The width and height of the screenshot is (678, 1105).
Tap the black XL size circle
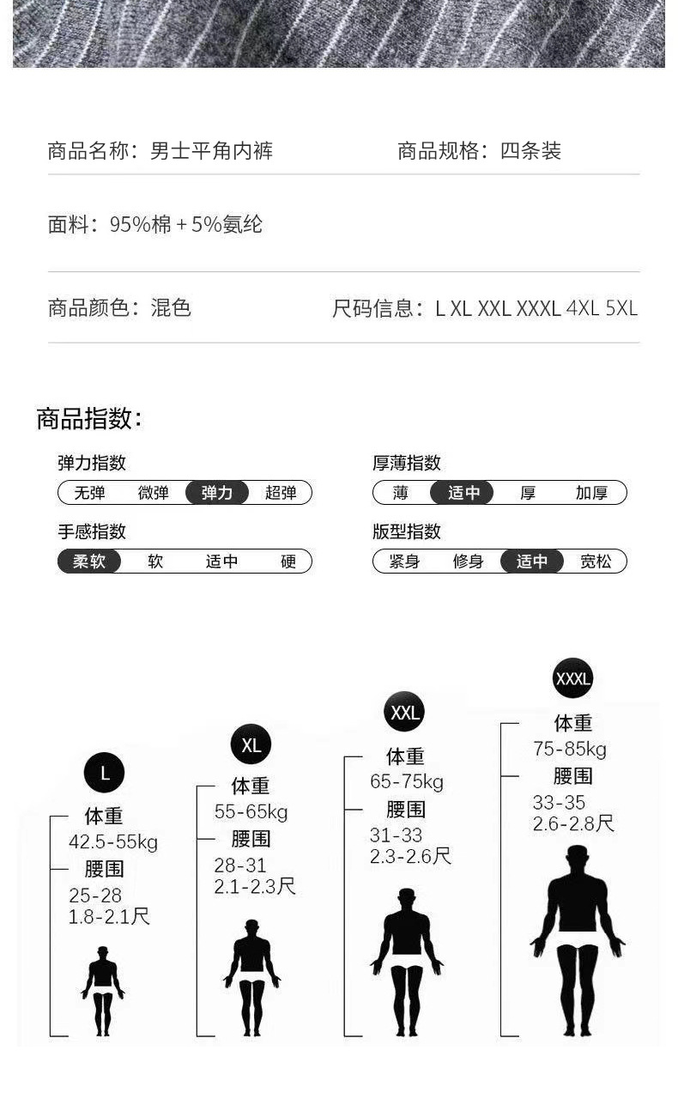[251, 744]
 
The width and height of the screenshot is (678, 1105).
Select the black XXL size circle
[403, 712]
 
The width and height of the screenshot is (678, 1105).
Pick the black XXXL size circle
[572, 679]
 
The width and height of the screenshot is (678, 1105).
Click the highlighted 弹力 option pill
[217, 493]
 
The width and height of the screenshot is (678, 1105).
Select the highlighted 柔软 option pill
[89, 562]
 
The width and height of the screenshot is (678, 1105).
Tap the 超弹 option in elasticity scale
[281, 493]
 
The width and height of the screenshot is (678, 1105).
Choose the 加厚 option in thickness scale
[591, 493]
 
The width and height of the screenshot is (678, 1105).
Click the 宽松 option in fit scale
[596, 562]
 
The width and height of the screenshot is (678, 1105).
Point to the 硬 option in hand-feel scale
[288, 562]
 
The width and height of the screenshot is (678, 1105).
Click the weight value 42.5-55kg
[113, 842]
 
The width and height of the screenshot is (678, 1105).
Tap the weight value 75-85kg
[570, 750]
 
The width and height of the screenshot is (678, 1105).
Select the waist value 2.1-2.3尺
[255, 886]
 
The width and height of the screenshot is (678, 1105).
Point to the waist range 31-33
[396, 835]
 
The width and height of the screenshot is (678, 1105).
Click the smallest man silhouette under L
[103, 990]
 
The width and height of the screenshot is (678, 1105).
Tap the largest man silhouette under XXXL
[577, 940]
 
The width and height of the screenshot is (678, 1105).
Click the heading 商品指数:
[89, 419]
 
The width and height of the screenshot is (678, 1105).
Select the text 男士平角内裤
[212, 152]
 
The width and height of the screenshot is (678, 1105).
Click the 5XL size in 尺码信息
[621, 308]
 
